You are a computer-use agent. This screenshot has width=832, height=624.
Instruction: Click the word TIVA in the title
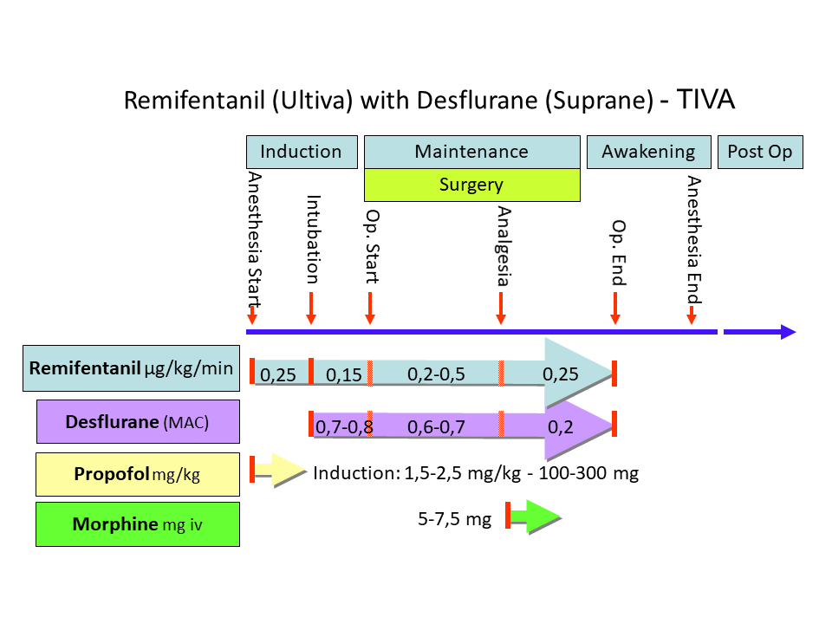point(705,100)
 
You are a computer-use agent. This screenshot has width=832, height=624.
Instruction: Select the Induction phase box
point(302,152)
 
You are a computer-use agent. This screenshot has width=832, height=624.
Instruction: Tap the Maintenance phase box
point(471,152)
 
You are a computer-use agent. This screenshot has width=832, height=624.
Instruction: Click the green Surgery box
point(471,185)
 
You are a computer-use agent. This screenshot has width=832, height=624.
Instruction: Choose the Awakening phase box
point(648,152)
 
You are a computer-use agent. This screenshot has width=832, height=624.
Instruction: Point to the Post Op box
point(760,152)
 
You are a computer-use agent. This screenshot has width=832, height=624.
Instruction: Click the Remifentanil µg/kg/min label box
point(131,368)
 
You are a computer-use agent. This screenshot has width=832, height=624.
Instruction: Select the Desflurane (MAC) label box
point(138,422)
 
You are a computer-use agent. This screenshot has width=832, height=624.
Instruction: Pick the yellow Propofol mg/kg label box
point(138,474)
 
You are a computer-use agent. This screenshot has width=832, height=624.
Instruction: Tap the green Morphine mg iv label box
point(138,523)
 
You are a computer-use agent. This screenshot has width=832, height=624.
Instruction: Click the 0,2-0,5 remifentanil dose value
point(435,374)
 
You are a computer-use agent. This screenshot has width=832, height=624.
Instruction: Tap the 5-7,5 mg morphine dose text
point(454,519)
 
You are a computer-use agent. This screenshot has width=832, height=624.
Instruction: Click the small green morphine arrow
point(535,519)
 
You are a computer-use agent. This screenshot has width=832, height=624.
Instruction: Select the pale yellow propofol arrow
point(279,470)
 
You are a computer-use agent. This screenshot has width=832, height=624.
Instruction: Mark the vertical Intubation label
point(313,238)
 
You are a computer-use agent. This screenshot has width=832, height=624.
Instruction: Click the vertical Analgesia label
point(504,246)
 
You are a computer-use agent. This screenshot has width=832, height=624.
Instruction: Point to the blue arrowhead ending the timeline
point(787,332)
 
